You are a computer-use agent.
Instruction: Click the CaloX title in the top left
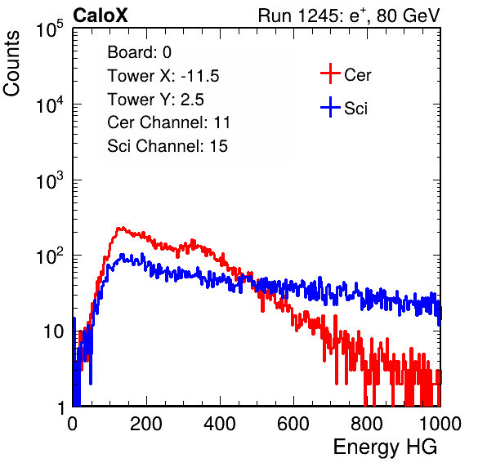(101, 16)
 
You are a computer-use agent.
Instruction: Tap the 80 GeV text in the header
(409, 16)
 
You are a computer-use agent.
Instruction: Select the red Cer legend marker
(330, 73)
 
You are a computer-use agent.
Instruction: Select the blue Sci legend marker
(330, 107)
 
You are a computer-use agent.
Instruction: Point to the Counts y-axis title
(11, 64)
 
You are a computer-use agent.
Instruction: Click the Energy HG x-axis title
(385, 447)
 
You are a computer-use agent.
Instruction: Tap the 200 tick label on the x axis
(146, 424)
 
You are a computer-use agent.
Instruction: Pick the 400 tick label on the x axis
(220, 424)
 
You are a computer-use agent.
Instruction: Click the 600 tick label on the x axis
(293, 424)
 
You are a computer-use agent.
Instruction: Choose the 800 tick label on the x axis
(367, 424)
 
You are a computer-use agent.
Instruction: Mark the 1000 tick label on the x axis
(440, 424)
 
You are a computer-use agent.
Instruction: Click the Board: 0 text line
(139, 52)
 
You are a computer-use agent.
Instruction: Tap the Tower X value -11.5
(200, 76)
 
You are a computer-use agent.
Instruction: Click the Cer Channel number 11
(221, 122)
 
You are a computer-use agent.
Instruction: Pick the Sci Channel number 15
(219, 146)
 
